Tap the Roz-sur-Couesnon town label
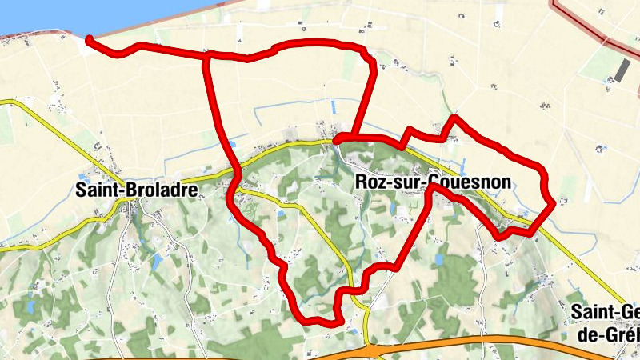[x=431, y=182]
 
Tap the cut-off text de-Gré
[x=608, y=333]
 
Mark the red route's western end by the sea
[x=89, y=39]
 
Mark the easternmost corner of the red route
[x=553, y=204]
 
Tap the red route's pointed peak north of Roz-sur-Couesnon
[x=454, y=119]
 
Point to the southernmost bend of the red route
[x=324, y=322]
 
